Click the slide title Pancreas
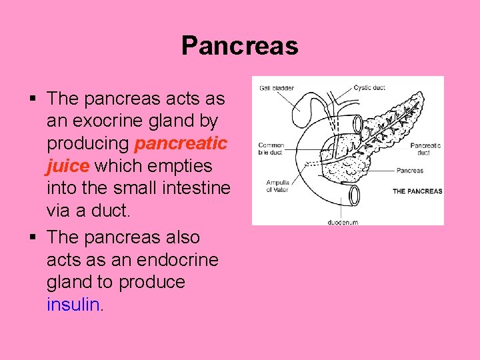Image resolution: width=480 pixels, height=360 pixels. [x=239, y=46]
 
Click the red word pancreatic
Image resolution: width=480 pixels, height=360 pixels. [x=181, y=144]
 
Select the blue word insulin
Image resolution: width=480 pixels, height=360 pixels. [x=73, y=305]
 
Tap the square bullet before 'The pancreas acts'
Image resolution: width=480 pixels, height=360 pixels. [x=32, y=99]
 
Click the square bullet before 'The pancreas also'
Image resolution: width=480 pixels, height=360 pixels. [x=32, y=237]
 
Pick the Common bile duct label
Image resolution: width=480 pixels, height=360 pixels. [x=271, y=149]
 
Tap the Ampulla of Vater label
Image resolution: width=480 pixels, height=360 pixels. [x=277, y=186]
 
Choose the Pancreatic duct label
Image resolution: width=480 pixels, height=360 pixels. [x=425, y=149]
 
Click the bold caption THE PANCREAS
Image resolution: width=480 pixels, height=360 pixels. [x=417, y=191]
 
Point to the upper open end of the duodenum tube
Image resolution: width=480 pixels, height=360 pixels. [x=357, y=123]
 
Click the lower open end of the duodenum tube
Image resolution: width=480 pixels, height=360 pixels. [x=353, y=195]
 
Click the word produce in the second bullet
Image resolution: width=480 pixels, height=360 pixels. [x=151, y=282]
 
